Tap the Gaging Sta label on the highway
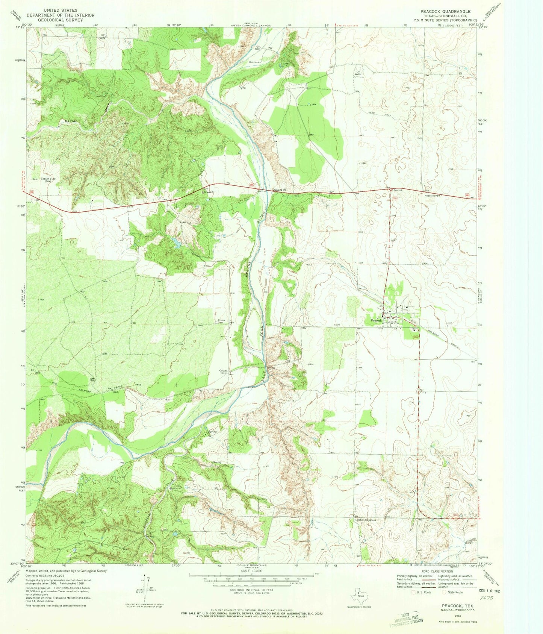click(280, 190)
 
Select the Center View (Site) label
click(48, 180)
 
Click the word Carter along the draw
click(71, 121)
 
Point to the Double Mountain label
click(366, 520)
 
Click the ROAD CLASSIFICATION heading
click(438, 571)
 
